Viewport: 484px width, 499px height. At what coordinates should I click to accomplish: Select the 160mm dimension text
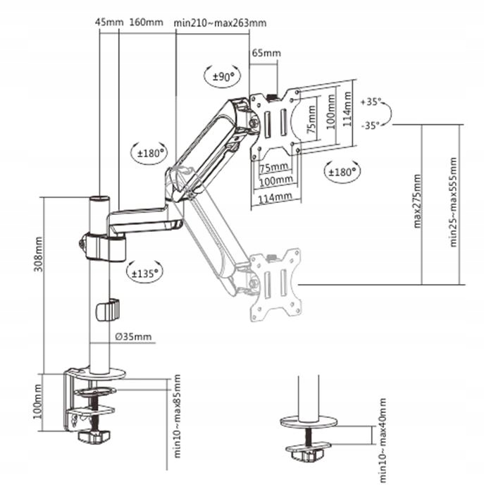click(x=147, y=23)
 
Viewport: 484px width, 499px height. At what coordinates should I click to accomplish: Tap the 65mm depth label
click(x=266, y=54)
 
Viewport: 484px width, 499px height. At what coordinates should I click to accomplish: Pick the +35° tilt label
click(x=371, y=102)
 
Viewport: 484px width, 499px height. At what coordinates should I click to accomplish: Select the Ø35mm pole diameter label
click(x=133, y=336)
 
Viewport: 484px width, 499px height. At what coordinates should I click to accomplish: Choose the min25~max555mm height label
click(x=454, y=201)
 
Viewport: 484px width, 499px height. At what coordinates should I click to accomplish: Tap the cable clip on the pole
click(x=108, y=309)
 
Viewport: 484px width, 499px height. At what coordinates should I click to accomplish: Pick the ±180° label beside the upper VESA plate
click(x=342, y=171)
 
